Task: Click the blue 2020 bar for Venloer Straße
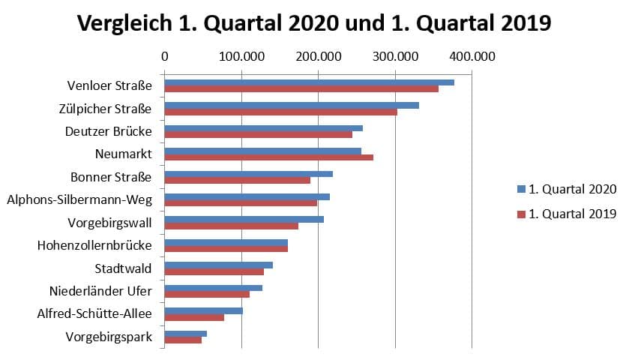[x=309, y=82]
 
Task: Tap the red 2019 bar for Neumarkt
[x=268, y=157]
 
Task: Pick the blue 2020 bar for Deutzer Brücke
[x=263, y=128]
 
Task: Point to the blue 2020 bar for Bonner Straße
[x=248, y=174]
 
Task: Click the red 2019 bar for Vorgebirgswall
[x=231, y=226]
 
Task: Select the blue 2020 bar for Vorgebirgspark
[x=185, y=334]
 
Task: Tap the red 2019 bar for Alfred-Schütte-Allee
[x=194, y=317]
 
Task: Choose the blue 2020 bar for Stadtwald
[x=218, y=265]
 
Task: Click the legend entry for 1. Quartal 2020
[x=567, y=189]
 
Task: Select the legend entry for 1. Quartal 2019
[x=567, y=214]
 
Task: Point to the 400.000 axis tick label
[x=472, y=56]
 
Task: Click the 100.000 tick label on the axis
[x=241, y=56]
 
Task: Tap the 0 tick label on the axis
[x=164, y=56]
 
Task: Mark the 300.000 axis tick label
[x=395, y=56]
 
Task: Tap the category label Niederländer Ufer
[x=100, y=291]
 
